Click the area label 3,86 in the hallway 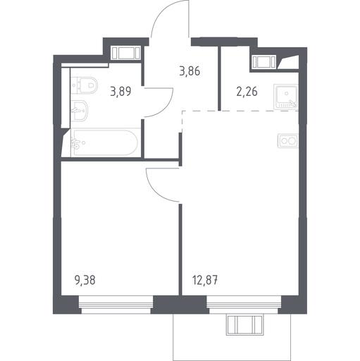[x=190, y=71]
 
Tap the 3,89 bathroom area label [x=120, y=91]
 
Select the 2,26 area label [x=247, y=91]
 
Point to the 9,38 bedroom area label [x=85, y=280]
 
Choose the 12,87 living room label [x=205, y=280]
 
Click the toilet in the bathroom [x=85, y=85]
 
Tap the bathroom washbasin [x=80, y=111]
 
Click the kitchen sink [x=286, y=97]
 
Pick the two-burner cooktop [x=288, y=141]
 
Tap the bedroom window [x=116, y=305]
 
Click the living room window [x=244, y=305]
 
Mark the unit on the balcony [x=244, y=325]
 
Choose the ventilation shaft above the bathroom [x=125, y=53]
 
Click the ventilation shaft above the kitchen [x=263, y=62]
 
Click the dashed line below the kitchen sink [x=240, y=111]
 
